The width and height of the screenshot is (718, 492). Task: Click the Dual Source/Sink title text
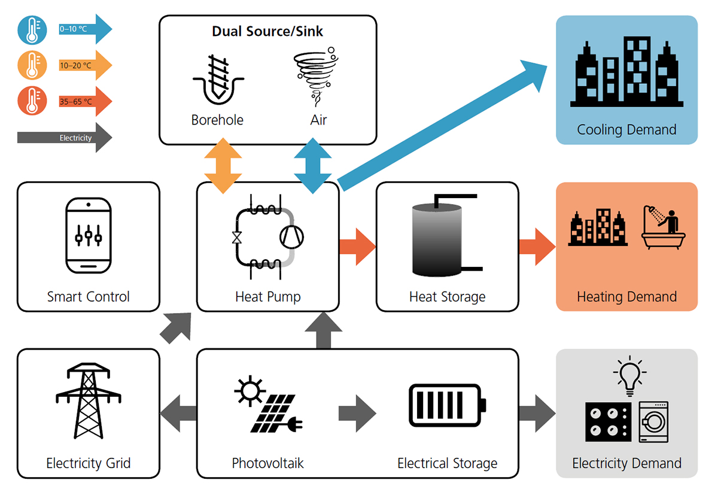pyautogui.click(x=267, y=31)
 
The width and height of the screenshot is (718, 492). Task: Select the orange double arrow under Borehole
pyautogui.click(x=223, y=166)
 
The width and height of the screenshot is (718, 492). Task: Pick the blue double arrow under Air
pyautogui.click(x=312, y=166)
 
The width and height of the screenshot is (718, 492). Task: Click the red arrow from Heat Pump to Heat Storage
pyautogui.click(x=357, y=246)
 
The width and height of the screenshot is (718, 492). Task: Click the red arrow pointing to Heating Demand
pyautogui.click(x=537, y=246)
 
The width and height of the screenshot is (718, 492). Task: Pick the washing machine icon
pyautogui.click(x=653, y=421)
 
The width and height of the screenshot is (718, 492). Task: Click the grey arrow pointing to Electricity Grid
pyautogui.click(x=179, y=413)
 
